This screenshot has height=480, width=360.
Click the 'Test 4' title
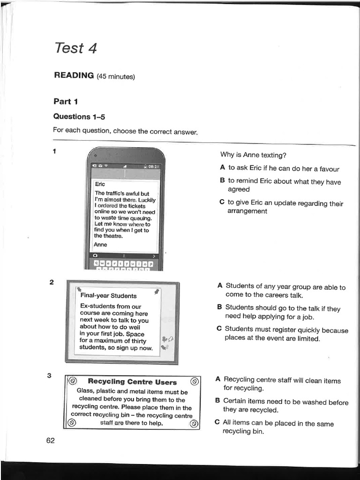click(x=75, y=48)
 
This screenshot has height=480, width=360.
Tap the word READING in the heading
click(x=74, y=75)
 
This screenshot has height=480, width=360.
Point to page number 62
click(x=51, y=440)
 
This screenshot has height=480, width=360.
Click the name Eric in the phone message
click(x=100, y=185)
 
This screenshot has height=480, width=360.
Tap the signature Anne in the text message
click(x=100, y=244)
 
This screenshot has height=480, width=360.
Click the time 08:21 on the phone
click(x=154, y=166)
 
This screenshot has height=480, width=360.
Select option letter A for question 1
click(x=222, y=168)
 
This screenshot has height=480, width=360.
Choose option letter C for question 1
click(x=222, y=203)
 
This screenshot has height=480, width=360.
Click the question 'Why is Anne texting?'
click(x=253, y=155)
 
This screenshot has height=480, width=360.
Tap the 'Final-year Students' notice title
click(x=108, y=296)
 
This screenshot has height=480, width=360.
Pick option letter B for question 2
click(x=219, y=307)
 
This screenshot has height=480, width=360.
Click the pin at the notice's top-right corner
click(x=156, y=292)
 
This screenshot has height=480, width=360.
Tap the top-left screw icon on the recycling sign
click(x=72, y=381)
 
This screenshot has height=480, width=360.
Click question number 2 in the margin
click(x=52, y=282)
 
